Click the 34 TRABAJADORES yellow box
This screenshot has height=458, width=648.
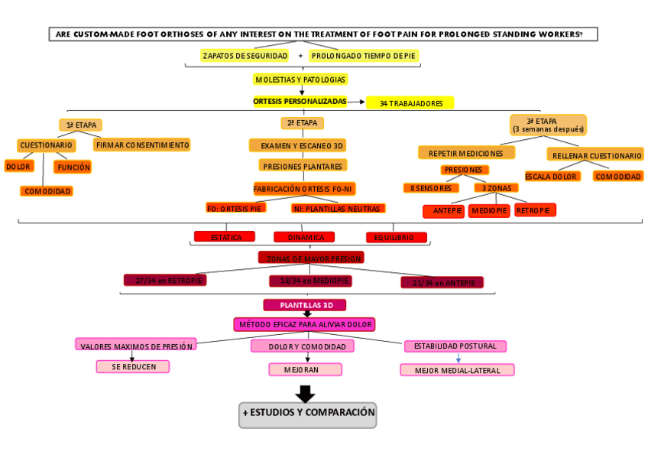[410, 103]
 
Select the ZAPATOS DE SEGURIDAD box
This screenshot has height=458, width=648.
[245, 56]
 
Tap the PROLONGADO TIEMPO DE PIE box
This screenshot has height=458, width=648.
[364, 56]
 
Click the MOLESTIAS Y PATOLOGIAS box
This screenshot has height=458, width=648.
[300, 80]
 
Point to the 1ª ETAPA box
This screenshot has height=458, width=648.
[80, 125]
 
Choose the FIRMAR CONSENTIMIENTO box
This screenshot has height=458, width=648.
[142, 145]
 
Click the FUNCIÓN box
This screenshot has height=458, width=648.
[73, 167]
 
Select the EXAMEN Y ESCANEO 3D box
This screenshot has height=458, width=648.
[302, 145]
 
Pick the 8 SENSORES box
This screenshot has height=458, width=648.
[431, 188]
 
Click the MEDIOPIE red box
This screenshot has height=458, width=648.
[489, 211]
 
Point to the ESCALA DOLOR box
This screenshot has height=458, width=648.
[550, 177]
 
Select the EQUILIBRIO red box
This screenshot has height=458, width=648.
[394, 238]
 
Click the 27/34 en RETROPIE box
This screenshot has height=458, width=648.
[165, 281]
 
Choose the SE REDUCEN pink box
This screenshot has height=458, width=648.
[133, 367]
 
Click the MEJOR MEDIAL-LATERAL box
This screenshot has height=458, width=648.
[457, 371]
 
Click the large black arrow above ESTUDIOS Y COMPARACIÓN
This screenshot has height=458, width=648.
[306, 394]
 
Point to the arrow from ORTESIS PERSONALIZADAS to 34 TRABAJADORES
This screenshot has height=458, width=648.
[355, 101]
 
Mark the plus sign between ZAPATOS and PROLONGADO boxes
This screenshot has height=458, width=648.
[300, 56]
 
